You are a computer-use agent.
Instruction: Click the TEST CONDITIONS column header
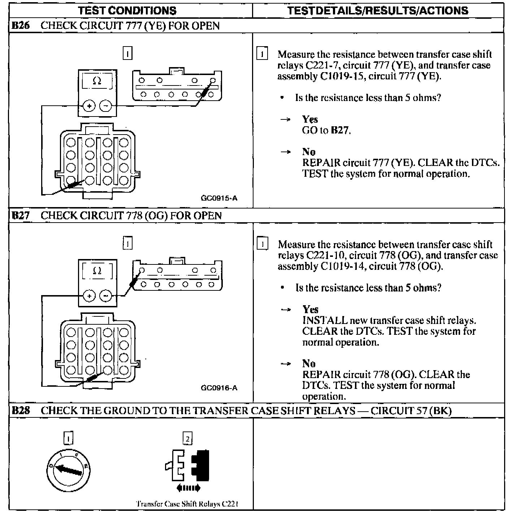127,10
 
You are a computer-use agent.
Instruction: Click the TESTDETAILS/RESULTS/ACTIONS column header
378,10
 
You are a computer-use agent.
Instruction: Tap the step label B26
21,26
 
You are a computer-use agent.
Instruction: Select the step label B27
21,216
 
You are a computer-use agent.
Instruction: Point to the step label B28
21,411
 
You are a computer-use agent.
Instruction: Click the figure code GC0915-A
219,198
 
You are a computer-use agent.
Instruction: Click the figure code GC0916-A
219,388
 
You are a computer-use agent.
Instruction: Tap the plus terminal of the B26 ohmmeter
89,106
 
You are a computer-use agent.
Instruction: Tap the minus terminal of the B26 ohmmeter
105,106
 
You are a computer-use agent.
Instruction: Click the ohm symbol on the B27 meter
97,271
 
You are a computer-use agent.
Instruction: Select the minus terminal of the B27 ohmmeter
105,296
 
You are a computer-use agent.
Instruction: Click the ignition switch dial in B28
68,469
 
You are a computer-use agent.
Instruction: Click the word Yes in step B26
310,119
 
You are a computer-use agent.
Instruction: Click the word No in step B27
309,363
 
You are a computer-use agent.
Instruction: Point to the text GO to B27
326,130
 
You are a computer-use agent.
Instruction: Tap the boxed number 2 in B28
187,439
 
